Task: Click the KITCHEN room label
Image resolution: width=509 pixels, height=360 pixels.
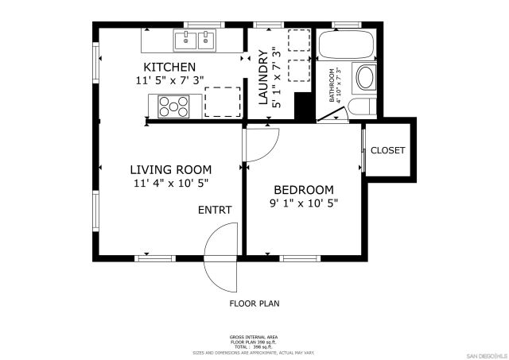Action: click(169, 66)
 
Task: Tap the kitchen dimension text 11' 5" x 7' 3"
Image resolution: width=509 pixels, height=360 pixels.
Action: click(169, 79)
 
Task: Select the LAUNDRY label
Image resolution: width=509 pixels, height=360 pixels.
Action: click(263, 78)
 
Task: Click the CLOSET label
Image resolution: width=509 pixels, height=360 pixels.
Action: click(387, 150)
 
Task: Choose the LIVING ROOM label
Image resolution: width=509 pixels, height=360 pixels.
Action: click(171, 169)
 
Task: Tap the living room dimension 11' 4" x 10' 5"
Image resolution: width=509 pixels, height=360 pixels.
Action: click(171, 184)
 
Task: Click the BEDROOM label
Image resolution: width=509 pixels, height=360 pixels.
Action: click(303, 189)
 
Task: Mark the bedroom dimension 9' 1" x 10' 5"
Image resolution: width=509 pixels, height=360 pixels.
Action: click(303, 203)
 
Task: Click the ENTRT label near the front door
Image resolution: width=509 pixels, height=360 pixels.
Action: click(215, 211)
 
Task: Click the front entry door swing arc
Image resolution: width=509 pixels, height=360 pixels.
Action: click(219, 258)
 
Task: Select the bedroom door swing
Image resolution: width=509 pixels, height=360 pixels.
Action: click(262, 143)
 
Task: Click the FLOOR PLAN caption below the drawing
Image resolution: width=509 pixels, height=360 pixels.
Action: click(254, 304)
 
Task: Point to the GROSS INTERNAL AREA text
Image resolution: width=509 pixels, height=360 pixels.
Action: click(254, 337)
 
